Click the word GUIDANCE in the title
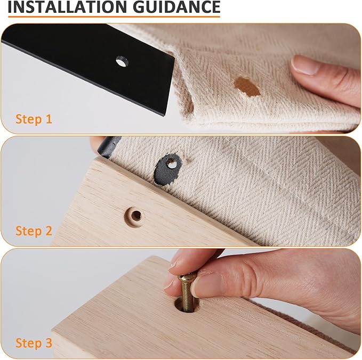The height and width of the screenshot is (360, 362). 175,7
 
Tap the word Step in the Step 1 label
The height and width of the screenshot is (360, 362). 27,119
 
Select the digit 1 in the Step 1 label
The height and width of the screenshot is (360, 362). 49,119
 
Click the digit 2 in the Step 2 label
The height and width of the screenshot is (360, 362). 49,231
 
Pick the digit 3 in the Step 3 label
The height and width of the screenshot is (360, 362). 49,343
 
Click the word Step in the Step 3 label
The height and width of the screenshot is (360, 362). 27,343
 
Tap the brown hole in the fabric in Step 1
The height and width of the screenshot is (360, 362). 247,86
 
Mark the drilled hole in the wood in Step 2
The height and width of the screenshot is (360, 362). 136,216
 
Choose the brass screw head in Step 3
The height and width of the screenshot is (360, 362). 187,277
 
